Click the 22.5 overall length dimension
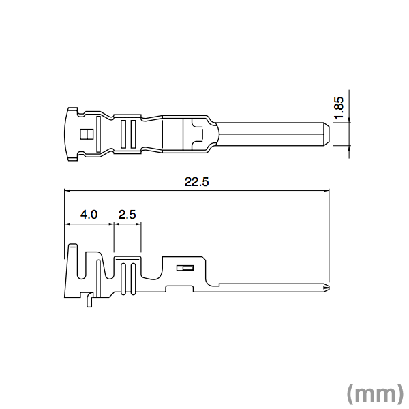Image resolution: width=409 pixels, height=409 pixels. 196,182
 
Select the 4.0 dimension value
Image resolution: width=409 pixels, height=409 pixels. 89,215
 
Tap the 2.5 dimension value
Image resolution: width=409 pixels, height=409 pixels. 127,215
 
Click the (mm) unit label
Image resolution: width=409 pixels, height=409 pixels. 374,393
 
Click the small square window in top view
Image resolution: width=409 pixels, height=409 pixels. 85,134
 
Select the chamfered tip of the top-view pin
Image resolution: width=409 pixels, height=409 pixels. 325,134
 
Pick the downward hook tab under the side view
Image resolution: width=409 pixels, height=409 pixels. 88,300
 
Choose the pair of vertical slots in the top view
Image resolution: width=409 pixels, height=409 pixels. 127,134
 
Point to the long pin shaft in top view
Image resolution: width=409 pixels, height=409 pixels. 273,134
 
